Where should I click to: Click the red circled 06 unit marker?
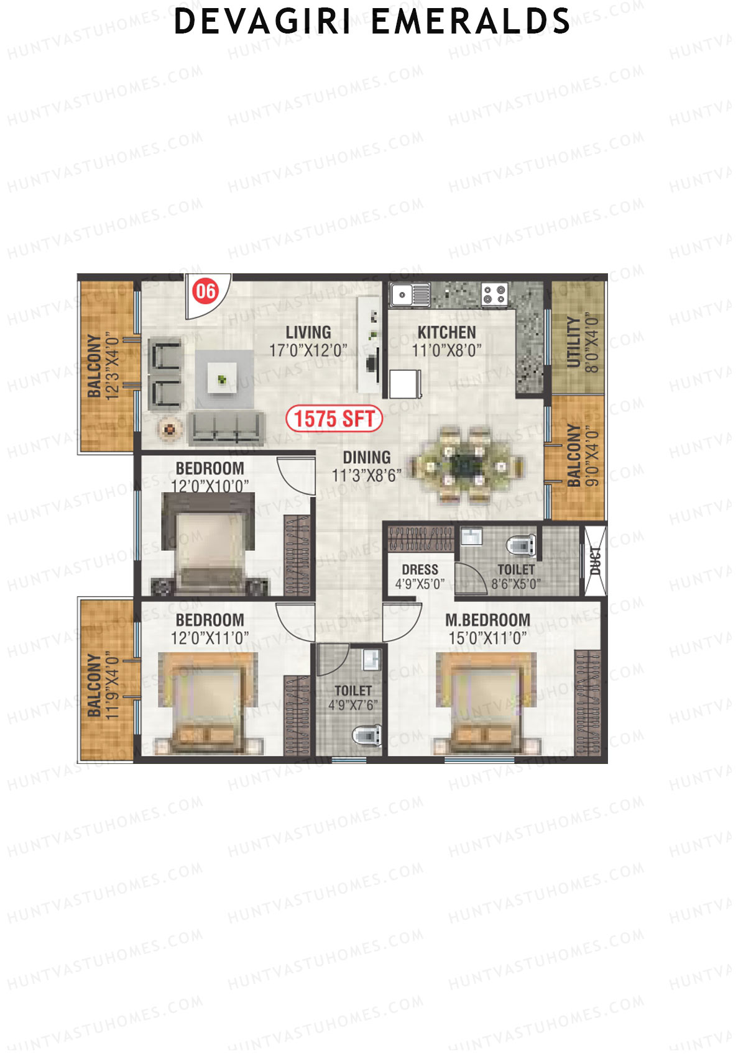point(206,291)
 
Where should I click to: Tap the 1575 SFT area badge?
point(334,419)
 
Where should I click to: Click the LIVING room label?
point(308,332)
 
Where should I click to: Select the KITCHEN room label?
point(446,332)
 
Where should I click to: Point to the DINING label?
point(367,458)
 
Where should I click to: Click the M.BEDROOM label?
point(488,620)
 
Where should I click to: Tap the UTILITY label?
point(574,343)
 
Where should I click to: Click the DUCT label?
point(595,561)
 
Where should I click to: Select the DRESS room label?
point(420,570)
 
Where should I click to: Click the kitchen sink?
point(410,294)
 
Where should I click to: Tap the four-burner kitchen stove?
point(495,294)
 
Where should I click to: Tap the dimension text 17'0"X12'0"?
point(308,350)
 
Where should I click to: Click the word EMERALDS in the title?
point(471,22)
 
